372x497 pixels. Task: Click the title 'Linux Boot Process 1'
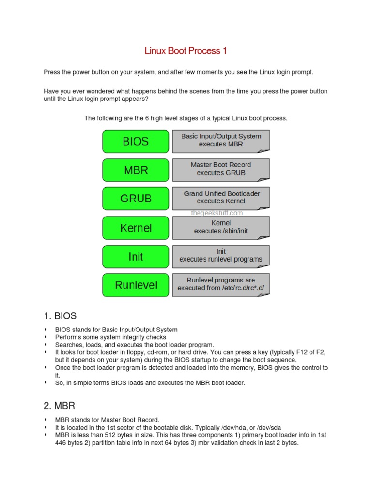pos(186,51)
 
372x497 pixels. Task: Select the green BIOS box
pos(136,142)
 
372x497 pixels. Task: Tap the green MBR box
pos(136,170)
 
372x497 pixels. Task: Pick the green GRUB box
pos(136,199)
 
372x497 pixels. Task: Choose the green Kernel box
pos(136,228)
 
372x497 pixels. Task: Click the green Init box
pos(136,256)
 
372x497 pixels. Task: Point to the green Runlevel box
pos(136,285)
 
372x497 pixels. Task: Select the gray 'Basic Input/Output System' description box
pos(221,140)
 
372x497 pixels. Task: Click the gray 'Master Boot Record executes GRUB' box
pos(221,169)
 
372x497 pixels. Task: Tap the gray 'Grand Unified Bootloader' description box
pos(221,197)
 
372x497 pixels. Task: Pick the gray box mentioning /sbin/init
pos(221,227)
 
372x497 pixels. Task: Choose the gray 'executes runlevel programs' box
pos(221,255)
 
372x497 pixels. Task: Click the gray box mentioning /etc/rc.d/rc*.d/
pos(221,284)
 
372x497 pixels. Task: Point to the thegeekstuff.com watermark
pos(217,213)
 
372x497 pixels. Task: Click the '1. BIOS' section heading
pos(60,316)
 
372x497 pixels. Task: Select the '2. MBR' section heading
pos(60,405)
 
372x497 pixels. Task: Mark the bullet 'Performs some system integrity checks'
pos(110,337)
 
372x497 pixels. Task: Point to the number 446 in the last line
pos(62,443)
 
